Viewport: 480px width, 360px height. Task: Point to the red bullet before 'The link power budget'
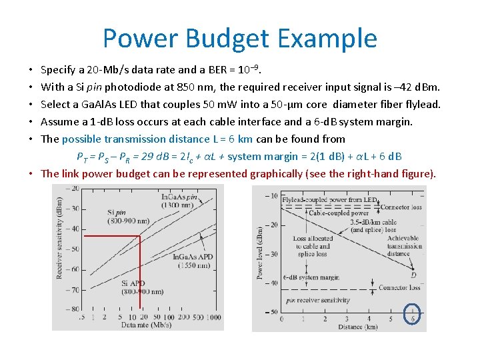click(x=32, y=174)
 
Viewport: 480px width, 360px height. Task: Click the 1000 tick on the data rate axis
click(x=213, y=318)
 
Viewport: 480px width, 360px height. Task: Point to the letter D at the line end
click(x=413, y=275)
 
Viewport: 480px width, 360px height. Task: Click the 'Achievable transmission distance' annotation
click(x=404, y=246)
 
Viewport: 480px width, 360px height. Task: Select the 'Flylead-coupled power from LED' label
click(x=329, y=199)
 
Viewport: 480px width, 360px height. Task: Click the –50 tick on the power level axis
click(x=273, y=312)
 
